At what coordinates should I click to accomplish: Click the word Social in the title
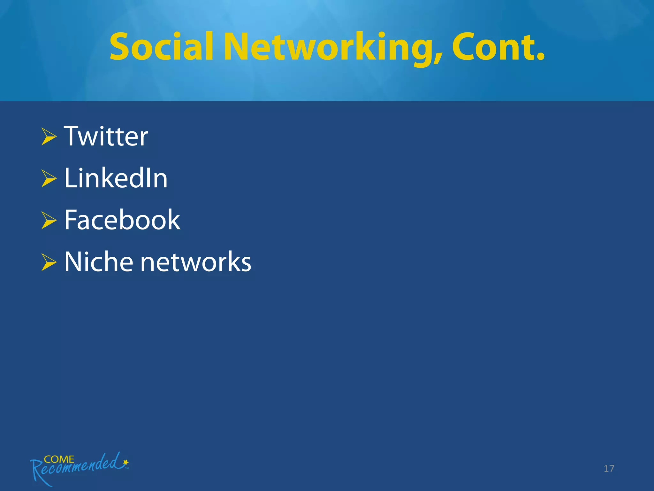click(x=161, y=47)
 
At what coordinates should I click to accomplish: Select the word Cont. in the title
click(x=498, y=47)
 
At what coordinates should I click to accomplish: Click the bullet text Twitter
click(x=106, y=136)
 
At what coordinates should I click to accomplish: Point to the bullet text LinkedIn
click(x=116, y=178)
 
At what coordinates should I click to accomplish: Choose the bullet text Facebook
click(x=122, y=220)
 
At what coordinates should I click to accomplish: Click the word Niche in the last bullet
click(x=99, y=262)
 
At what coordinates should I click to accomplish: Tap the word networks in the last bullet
click(x=196, y=262)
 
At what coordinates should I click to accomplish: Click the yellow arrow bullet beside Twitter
click(x=49, y=136)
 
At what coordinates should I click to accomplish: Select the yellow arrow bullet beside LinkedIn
click(x=49, y=178)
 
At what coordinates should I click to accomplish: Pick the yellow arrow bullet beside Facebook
click(x=49, y=220)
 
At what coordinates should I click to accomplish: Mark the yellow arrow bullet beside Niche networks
click(x=49, y=262)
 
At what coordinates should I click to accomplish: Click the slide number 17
click(x=609, y=469)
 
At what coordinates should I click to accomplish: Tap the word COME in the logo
click(x=59, y=459)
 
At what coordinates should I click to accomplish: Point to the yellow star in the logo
click(x=126, y=462)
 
